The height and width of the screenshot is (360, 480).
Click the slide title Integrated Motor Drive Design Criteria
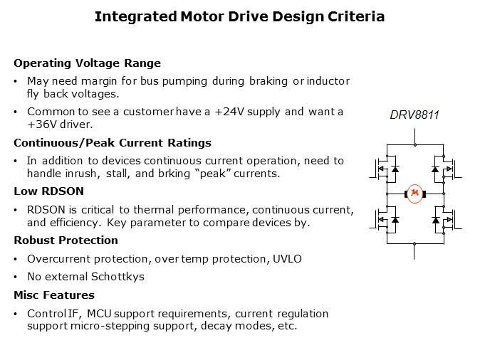pos(239,16)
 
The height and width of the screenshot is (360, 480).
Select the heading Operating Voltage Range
pos(88,63)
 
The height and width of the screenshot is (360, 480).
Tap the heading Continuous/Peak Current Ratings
pos(113,143)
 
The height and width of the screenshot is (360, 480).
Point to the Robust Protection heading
pos(66,240)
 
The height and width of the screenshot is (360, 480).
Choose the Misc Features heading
pos(54,295)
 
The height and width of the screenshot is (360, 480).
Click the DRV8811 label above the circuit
pos(414,115)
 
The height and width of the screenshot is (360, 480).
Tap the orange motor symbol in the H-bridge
pos(414,193)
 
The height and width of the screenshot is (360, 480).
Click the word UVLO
pos(286,258)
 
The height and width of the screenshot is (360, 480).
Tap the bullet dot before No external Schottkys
pos(16,276)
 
